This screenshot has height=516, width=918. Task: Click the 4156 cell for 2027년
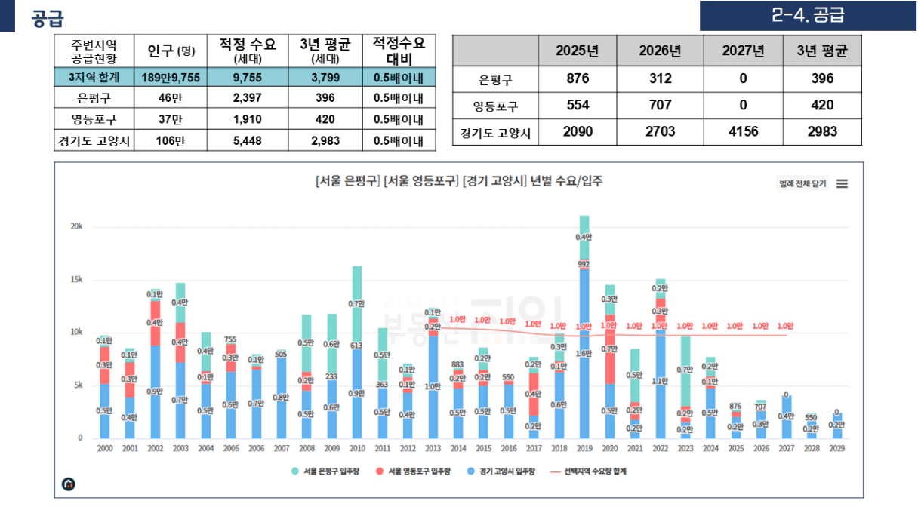tap(747, 131)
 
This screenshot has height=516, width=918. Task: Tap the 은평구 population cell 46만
tap(171, 98)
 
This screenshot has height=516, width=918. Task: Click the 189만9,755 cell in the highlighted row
tap(171, 77)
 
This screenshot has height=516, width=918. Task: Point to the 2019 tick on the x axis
tap(584, 448)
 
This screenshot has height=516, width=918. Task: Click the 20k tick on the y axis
tap(76, 227)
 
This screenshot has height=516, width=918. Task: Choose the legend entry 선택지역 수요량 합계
tap(588, 471)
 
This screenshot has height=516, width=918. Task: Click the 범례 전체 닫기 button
tap(802, 183)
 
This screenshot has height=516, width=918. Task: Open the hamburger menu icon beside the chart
tap(842, 183)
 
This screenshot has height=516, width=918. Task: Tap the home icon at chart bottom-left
tap(69, 484)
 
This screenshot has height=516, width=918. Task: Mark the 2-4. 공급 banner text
tap(808, 15)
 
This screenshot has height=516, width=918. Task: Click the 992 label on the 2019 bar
tap(584, 264)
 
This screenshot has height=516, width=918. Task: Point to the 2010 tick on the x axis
tap(357, 448)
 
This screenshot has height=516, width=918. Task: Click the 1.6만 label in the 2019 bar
tap(584, 353)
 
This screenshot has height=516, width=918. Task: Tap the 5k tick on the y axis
tap(78, 385)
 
